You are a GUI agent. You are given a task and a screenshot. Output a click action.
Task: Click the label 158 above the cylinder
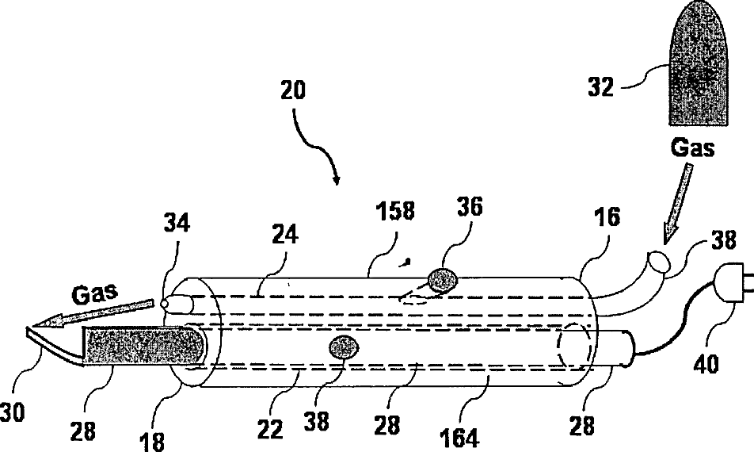pyautogui.click(x=394, y=212)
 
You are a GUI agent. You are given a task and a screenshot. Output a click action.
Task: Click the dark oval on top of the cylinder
pyautogui.click(x=442, y=278)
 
